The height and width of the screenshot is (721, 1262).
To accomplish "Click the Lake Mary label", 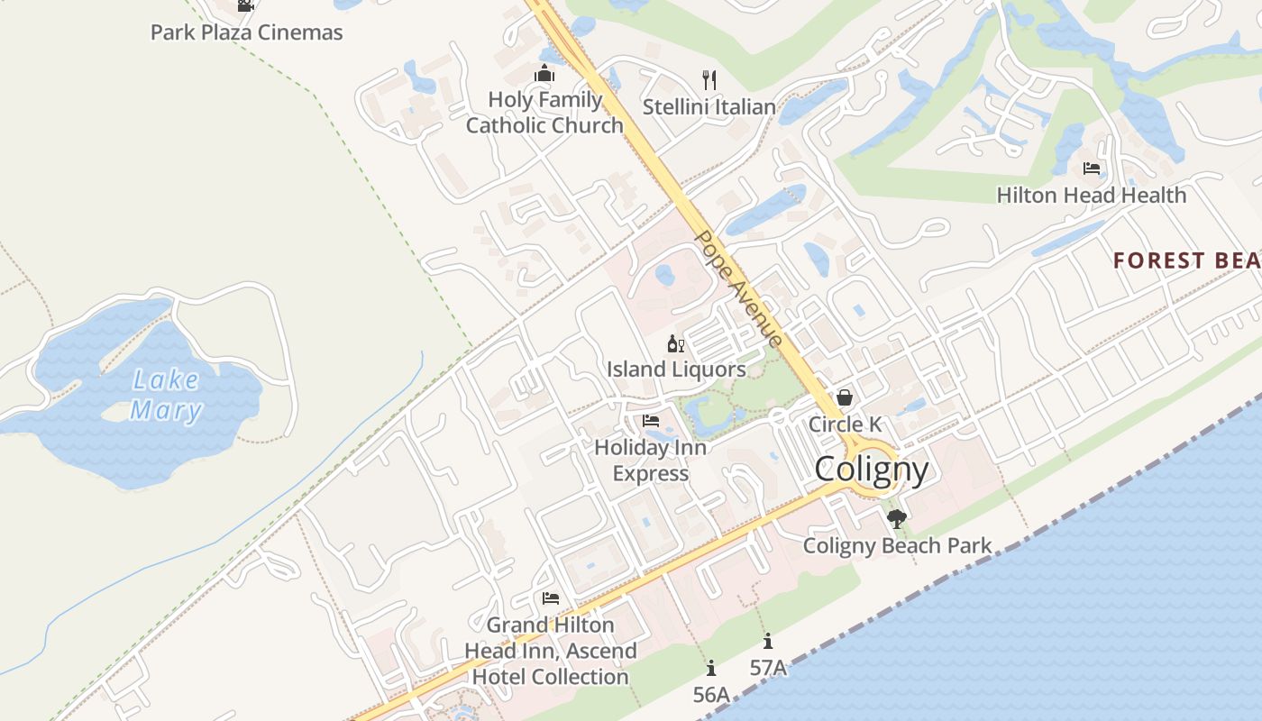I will (x=167, y=396).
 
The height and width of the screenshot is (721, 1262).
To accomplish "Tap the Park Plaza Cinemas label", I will (x=246, y=32).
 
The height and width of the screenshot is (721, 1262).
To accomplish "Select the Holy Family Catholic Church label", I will (x=544, y=113).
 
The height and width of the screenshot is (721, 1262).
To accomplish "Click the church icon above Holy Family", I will (x=544, y=74).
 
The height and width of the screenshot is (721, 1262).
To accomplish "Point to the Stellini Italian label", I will (x=709, y=106).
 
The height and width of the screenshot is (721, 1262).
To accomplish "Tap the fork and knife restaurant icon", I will (x=709, y=80).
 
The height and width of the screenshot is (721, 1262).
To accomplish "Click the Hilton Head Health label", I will (x=1091, y=195).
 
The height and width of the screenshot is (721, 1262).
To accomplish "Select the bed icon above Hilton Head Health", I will (x=1091, y=169).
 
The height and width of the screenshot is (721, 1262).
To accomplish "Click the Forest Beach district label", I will (x=1186, y=260).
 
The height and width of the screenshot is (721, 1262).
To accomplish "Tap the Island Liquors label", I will (x=676, y=370).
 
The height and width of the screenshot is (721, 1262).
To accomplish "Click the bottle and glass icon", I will (x=676, y=343).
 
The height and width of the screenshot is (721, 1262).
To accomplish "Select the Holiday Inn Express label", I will (x=651, y=460).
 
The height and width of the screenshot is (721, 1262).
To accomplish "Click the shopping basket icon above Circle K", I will (x=845, y=397).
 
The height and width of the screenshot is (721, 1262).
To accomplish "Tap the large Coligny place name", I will (x=871, y=470).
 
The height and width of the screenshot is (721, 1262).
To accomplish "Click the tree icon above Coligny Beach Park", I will (x=896, y=519).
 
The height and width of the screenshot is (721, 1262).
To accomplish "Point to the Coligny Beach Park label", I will (x=897, y=545).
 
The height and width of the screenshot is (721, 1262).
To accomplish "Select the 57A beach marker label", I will (x=768, y=668).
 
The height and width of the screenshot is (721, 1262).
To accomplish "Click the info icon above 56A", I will (x=711, y=668).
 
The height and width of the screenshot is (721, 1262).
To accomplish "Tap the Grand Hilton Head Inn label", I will (x=551, y=651).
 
